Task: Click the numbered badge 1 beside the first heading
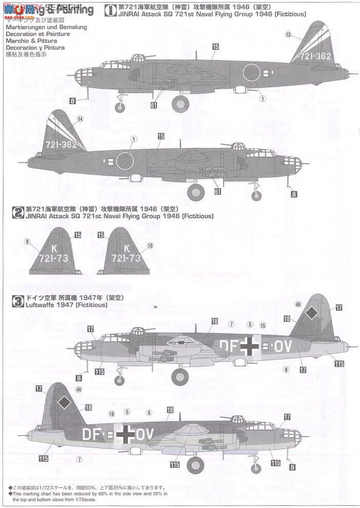pyautogui.click(x=109, y=10)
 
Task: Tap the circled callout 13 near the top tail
pyautogui.click(x=288, y=34)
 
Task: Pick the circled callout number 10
pyautogui.click(x=150, y=246)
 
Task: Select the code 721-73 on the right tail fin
pyautogui.click(x=126, y=259)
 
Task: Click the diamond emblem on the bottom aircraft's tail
pyautogui.click(x=64, y=403)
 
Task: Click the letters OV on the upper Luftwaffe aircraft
pyautogui.click(x=283, y=347)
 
